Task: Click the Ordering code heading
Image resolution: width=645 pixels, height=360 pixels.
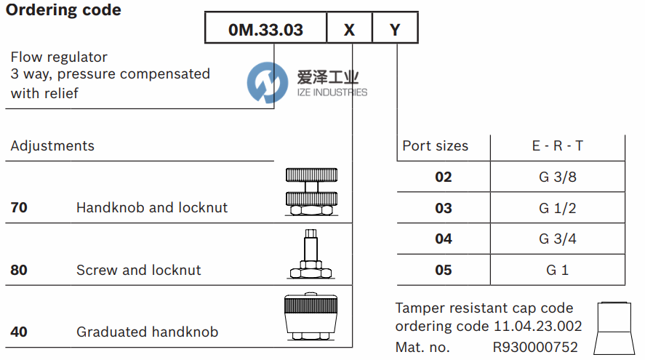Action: [64, 10]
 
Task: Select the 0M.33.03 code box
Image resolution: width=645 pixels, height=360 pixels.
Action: [265, 30]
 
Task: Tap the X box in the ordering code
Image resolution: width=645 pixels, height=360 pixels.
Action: [349, 30]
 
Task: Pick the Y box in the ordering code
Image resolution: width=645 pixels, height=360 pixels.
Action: [395, 30]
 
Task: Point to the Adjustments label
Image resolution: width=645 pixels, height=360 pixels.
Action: [52, 145]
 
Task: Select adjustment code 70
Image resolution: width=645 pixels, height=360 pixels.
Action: [19, 207]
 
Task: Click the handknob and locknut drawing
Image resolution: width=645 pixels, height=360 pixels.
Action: [311, 192]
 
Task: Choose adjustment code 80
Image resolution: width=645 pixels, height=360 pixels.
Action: [19, 270]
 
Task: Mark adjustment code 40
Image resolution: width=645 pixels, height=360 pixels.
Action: [19, 332]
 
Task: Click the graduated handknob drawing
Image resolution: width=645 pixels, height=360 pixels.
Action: [311, 319]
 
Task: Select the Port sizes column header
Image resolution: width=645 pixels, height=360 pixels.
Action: [436, 145]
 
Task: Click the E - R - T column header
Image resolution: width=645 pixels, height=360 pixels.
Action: [557, 145]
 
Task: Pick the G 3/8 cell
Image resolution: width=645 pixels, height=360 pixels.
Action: [557, 177]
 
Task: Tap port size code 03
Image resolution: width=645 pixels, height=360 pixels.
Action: [444, 208]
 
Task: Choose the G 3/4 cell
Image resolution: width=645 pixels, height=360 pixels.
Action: [557, 239]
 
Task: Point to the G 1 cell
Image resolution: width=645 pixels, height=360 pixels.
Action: [557, 270]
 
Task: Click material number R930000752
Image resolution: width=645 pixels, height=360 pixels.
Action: [535, 347]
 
